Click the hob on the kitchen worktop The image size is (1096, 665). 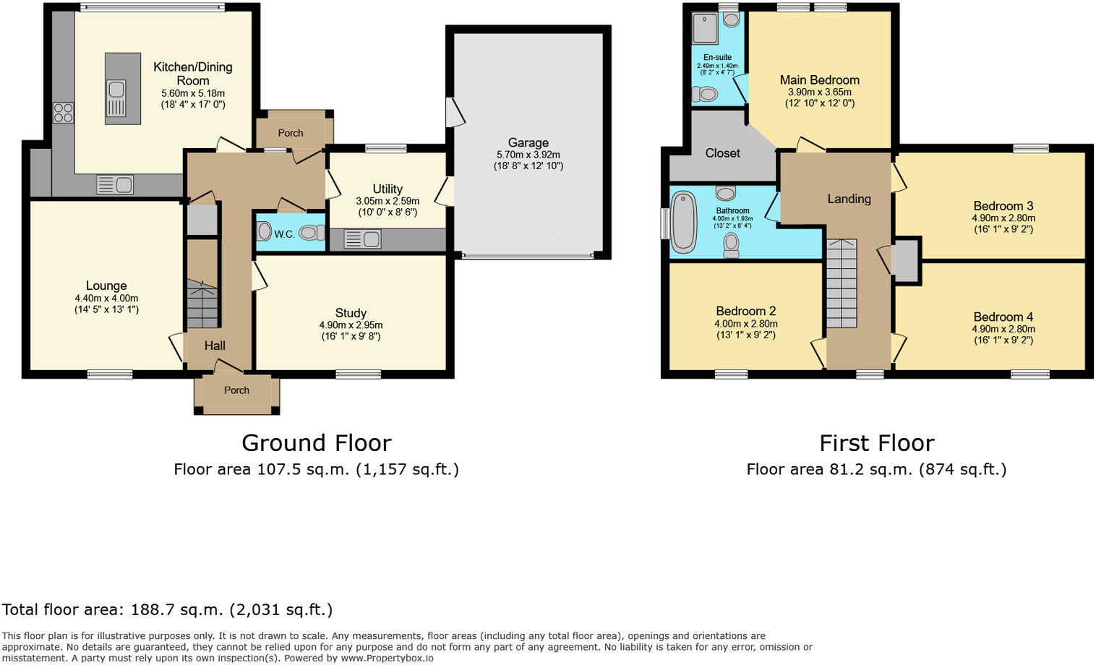[63, 113]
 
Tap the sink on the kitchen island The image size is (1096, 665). [116, 98]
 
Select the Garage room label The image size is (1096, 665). [528, 143]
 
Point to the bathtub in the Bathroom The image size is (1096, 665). [682, 222]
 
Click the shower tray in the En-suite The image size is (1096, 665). [704, 28]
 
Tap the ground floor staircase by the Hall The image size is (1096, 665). [202, 304]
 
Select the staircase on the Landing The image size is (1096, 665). [842, 283]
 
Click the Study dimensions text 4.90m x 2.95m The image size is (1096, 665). [351, 325]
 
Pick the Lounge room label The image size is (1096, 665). [106, 286]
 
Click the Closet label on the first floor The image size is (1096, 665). [722, 153]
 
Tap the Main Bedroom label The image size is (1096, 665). [819, 80]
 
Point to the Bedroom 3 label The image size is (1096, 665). [1003, 206]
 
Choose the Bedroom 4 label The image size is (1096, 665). [1003, 317]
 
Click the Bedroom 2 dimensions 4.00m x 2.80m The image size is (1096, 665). [745, 324]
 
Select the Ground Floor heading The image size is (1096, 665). [316, 442]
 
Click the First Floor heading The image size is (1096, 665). [876, 442]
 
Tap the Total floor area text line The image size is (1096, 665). [167, 609]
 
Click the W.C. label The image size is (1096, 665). [284, 234]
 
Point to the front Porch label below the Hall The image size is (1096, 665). [236, 390]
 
